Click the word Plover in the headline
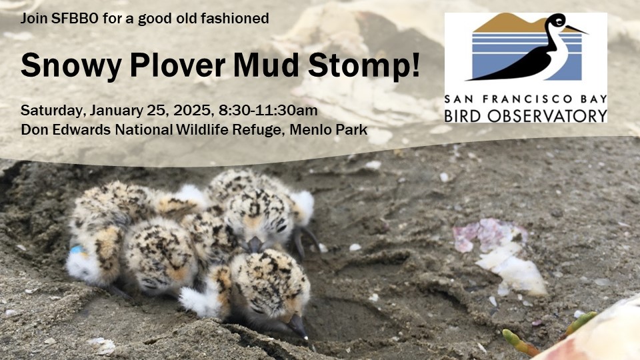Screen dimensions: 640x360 pos(177,65)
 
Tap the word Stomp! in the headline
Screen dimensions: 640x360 pos(364,66)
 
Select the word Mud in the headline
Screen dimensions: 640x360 pos(266,65)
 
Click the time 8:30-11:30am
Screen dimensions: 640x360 pos(268,110)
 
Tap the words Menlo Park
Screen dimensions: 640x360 pos(328,130)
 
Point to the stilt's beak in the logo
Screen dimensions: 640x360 pos(576,29)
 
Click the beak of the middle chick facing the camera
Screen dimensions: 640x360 pos(254,244)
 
